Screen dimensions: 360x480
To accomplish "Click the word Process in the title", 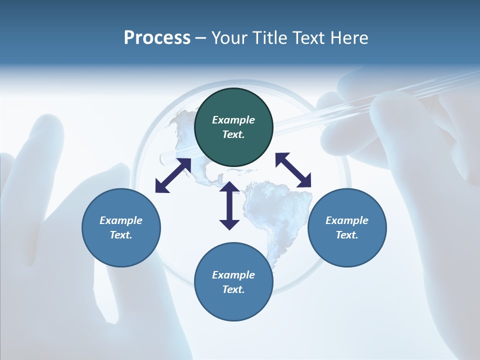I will [x=157, y=38].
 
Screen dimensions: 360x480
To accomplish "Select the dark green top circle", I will [x=233, y=145].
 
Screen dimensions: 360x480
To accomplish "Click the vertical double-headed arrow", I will [x=229, y=205].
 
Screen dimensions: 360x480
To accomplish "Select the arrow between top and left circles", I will [x=173, y=175].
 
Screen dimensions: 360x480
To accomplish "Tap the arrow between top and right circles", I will [x=293, y=170].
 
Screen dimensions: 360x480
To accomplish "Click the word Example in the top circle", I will [x=233, y=120].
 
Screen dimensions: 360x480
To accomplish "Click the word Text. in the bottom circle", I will [x=233, y=289].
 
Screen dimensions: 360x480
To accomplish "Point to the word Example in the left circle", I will [x=121, y=220].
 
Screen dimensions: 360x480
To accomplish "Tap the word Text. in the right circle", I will [x=347, y=235].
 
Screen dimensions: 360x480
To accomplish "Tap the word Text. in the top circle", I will [x=233, y=134].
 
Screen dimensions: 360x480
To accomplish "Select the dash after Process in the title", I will [x=201, y=38].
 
